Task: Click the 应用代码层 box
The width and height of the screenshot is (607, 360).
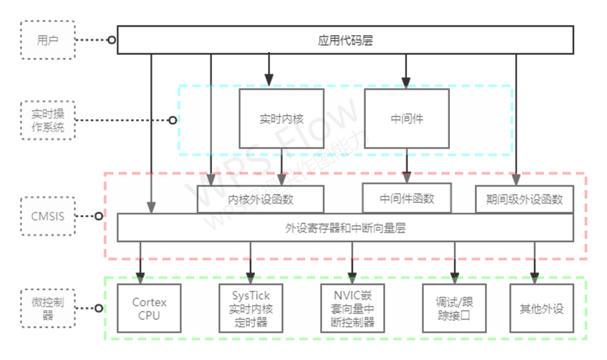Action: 345,40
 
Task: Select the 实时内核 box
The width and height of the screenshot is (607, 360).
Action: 281,119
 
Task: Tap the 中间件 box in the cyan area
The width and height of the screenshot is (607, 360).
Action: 406,119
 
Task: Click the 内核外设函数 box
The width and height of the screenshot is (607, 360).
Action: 260,199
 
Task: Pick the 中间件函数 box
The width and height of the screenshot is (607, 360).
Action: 407,198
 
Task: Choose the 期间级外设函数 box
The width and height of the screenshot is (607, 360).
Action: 524,199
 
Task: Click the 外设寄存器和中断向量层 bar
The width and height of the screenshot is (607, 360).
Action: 345,227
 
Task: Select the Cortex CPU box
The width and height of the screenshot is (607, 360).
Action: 149,308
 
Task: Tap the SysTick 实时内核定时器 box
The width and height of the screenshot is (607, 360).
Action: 251,308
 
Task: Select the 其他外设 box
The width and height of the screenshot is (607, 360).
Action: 541,308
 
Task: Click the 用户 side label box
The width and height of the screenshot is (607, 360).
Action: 47,40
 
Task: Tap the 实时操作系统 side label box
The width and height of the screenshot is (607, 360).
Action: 47,120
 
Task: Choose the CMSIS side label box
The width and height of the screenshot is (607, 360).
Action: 47,216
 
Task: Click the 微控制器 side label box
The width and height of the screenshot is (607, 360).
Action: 47,307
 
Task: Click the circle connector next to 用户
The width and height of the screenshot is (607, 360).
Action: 112,40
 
